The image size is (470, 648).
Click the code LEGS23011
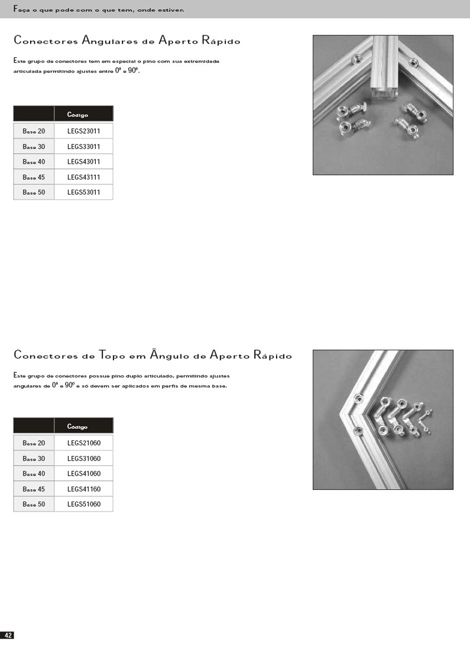pos(83,131)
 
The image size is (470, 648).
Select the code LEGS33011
pos(83,146)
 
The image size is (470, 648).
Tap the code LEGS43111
pos(83,177)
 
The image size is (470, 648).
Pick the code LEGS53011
pos(83,192)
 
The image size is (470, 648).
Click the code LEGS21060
pos(83,442)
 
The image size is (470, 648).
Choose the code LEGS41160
pos(83,489)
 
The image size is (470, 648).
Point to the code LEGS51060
pos(83,504)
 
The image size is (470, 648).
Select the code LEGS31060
pos(83,458)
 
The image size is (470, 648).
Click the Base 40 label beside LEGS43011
pos(34,161)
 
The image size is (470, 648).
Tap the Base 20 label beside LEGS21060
pos(34,442)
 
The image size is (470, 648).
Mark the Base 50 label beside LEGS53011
pos(34,192)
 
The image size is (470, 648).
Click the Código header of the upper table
pos(77,115)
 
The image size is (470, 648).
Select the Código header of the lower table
pos(77,426)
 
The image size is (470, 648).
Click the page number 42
pos(8,635)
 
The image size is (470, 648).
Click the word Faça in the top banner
pos(21,9)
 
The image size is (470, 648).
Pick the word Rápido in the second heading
pos(272,356)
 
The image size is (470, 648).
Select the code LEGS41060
pos(83,474)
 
